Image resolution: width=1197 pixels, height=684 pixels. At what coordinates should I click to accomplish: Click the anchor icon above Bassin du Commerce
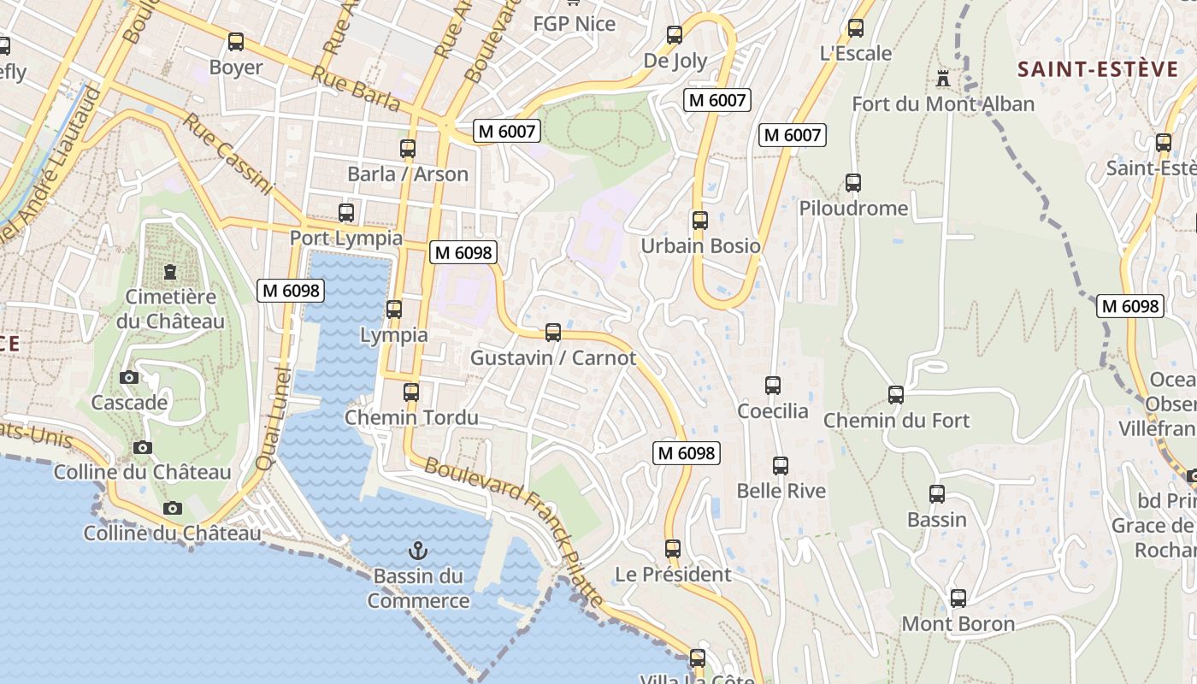coord(418,550)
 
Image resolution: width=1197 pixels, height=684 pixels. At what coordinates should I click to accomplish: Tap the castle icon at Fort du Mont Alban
coord(943,79)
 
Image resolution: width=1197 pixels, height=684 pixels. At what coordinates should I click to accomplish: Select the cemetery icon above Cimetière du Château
coord(170,273)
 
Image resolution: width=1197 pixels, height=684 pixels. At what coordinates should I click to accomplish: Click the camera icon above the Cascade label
coord(129,377)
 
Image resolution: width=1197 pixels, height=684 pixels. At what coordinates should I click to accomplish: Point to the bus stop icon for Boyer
coord(235,41)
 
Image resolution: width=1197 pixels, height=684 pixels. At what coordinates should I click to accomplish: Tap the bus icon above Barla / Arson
coord(408,148)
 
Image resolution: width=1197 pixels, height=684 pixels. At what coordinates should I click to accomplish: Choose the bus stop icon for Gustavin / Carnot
coord(553,332)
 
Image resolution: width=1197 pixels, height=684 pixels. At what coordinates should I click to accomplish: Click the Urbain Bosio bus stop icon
coord(700,220)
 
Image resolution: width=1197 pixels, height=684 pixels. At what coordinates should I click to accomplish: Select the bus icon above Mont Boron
coord(958,598)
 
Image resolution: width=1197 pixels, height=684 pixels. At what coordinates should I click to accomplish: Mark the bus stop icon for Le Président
coord(673,548)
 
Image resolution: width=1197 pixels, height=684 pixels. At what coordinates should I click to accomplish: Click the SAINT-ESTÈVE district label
coord(1098,69)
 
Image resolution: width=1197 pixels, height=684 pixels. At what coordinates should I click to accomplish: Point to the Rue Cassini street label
coord(227,154)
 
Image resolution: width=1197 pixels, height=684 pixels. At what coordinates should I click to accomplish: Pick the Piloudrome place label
coord(853,208)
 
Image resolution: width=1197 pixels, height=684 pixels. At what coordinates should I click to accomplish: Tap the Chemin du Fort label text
coord(896,420)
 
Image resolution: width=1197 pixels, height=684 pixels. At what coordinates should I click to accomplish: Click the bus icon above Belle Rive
coord(781,466)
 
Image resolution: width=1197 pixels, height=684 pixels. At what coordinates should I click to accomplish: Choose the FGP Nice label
coord(574,23)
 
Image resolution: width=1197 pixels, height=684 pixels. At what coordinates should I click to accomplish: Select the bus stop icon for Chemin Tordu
coord(411,392)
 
